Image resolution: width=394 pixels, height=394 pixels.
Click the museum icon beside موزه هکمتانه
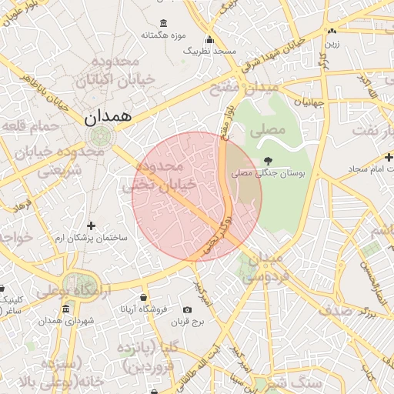point(162,23)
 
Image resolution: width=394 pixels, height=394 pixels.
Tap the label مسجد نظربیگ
point(209,50)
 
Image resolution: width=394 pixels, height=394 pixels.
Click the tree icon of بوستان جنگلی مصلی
point(267,161)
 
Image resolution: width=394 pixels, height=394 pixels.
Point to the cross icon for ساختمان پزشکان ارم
point(92,225)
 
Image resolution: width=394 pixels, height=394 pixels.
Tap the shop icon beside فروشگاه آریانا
point(143,297)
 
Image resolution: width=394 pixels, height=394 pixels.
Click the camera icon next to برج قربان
point(188,310)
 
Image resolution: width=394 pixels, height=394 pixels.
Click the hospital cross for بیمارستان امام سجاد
point(389,157)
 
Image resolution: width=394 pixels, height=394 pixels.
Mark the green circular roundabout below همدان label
point(99,138)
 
